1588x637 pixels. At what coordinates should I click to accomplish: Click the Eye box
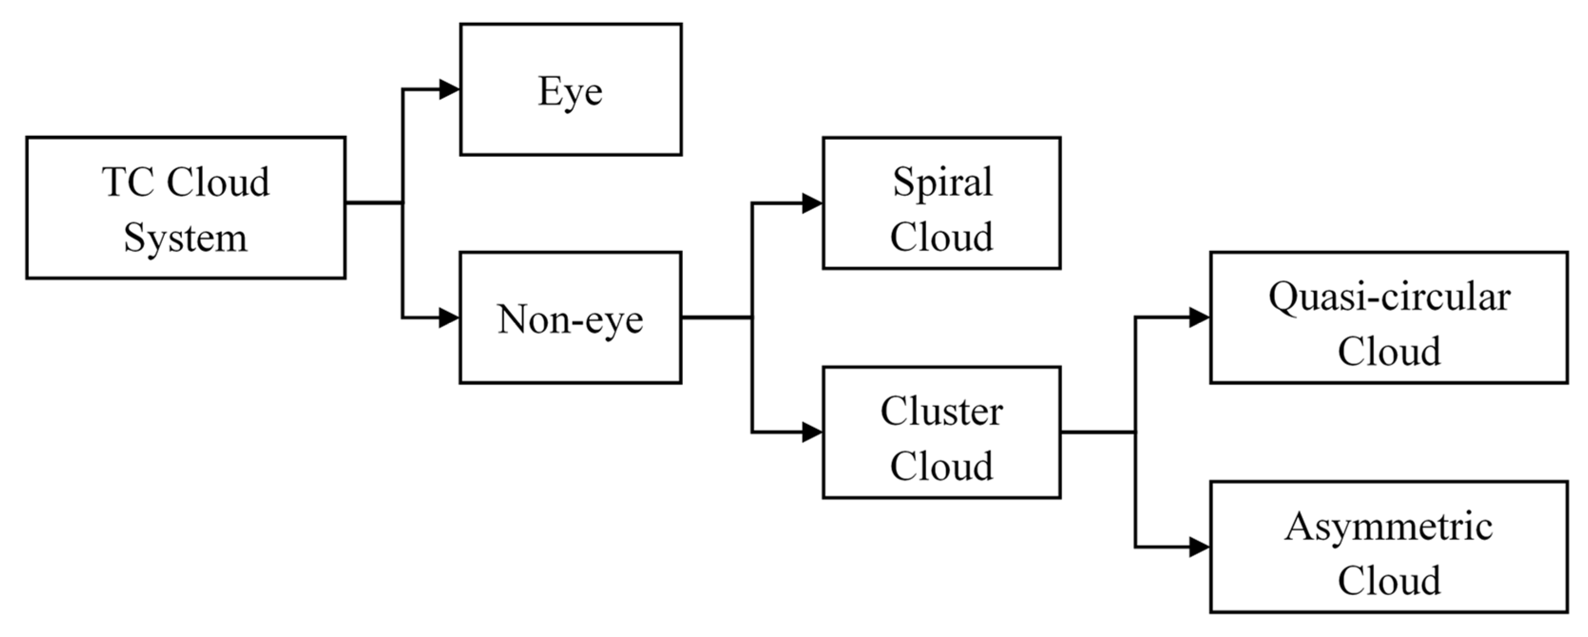pos(570,90)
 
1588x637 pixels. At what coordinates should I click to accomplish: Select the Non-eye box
pos(570,318)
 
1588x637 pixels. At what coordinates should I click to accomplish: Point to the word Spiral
pos(942,182)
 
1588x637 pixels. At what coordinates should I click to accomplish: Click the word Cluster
pos(941,411)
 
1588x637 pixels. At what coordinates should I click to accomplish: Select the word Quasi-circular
pos(1389,297)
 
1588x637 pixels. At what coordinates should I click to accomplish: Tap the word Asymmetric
pos(1389,527)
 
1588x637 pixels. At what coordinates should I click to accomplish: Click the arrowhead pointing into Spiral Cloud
pos(812,203)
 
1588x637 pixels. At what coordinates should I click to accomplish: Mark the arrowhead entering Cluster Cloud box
pos(812,432)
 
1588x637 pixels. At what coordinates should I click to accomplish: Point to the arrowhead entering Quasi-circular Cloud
pos(1199,318)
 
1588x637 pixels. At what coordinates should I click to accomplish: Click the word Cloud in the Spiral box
pos(941,237)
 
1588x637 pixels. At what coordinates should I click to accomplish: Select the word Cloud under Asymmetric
pos(1389,580)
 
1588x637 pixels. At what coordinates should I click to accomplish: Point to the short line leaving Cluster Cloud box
pos(1097,432)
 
